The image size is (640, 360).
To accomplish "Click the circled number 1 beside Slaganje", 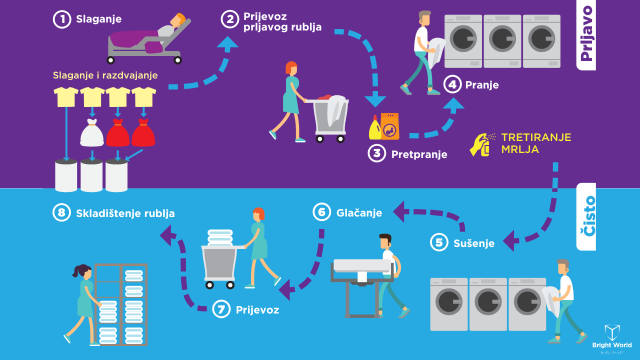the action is pos(62,19).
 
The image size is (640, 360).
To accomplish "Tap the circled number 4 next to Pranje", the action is pos(452,84).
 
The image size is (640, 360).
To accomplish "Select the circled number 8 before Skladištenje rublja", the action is pos(62,213).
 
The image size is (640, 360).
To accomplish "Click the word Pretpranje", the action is pos(419,154).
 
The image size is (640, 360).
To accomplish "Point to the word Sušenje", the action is pos(474,243).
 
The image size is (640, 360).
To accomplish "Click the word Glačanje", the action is pos(359,213).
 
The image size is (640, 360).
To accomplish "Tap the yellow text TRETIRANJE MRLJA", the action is pos(536,143).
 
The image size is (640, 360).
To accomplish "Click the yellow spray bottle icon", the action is pos(482,144).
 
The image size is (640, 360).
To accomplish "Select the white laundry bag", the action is pos(92,133).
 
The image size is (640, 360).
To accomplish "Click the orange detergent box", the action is pos(390,127).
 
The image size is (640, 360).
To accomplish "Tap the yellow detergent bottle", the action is pos(375,128).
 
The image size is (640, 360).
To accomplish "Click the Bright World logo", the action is pos(612,338).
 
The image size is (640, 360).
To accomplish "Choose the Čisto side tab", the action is pos(586,216).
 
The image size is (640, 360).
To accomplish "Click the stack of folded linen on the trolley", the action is pos(220,238).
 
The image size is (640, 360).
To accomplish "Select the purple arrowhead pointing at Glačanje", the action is pos(399,211).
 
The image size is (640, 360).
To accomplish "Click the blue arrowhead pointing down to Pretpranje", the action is pos(375,100).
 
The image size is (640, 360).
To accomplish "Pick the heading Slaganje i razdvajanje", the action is pos(105,76).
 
